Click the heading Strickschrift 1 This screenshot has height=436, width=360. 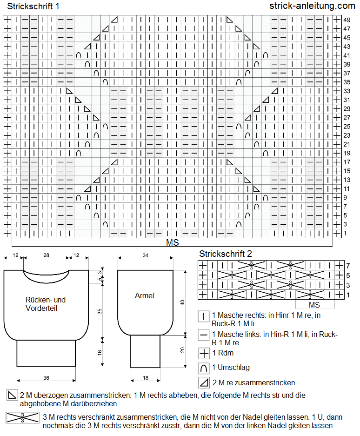(33, 7)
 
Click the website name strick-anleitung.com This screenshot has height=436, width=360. (312, 6)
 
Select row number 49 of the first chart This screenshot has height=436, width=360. (347, 20)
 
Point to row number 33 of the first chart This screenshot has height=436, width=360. (347, 91)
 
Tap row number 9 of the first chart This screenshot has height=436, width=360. (345, 197)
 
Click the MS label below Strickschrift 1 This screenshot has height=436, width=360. (173, 242)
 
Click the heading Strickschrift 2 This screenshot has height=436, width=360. (226, 254)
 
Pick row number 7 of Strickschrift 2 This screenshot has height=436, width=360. (348, 266)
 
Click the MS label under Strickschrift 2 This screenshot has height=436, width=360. (314, 305)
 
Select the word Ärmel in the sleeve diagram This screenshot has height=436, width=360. (144, 295)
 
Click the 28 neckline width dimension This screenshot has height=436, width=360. (46, 255)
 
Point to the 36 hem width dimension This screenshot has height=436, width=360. (46, 378)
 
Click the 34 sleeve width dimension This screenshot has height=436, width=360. (146, 255)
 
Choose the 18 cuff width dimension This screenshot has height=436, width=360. (146, 378)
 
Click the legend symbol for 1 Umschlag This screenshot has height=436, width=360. (204, 368)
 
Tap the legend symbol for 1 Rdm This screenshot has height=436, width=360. (204, 354)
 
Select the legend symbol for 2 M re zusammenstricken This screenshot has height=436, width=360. (204, 383)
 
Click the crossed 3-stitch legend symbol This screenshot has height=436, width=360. (22, 417)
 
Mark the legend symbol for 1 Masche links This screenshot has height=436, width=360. (204, 335)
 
